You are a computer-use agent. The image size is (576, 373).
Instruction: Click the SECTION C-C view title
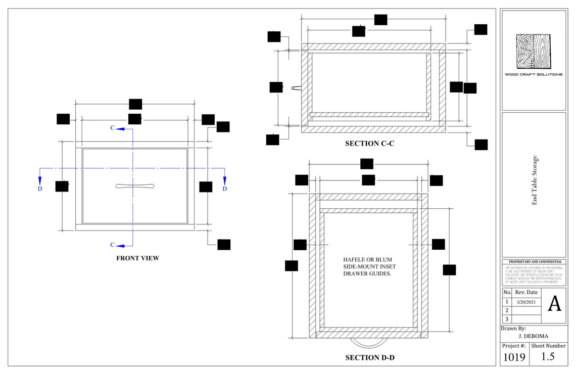click(369, 144)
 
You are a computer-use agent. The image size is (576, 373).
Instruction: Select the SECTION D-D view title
click(370, 358)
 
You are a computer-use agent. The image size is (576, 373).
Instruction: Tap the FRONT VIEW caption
click(137, 258)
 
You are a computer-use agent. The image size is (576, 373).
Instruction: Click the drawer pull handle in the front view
click(135, 186)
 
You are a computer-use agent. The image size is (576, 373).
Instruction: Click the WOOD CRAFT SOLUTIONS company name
click(533, 74)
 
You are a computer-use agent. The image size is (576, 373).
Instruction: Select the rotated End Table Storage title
click(534, 180)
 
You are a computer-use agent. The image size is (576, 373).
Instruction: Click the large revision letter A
click(554, 304)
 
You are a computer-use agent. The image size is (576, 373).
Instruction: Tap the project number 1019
click(513, 357)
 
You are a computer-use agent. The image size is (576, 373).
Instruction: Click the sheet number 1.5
click(548, 357)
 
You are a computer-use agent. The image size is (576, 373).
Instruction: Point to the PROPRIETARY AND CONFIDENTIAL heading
click(534, 262)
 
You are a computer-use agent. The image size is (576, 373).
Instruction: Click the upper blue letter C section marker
click(113, 128)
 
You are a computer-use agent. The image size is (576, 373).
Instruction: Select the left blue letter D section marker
click(40, 189)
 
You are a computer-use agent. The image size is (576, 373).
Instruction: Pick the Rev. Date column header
click(526, 292)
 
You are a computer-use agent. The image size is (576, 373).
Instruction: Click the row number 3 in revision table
click(507, 319)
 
